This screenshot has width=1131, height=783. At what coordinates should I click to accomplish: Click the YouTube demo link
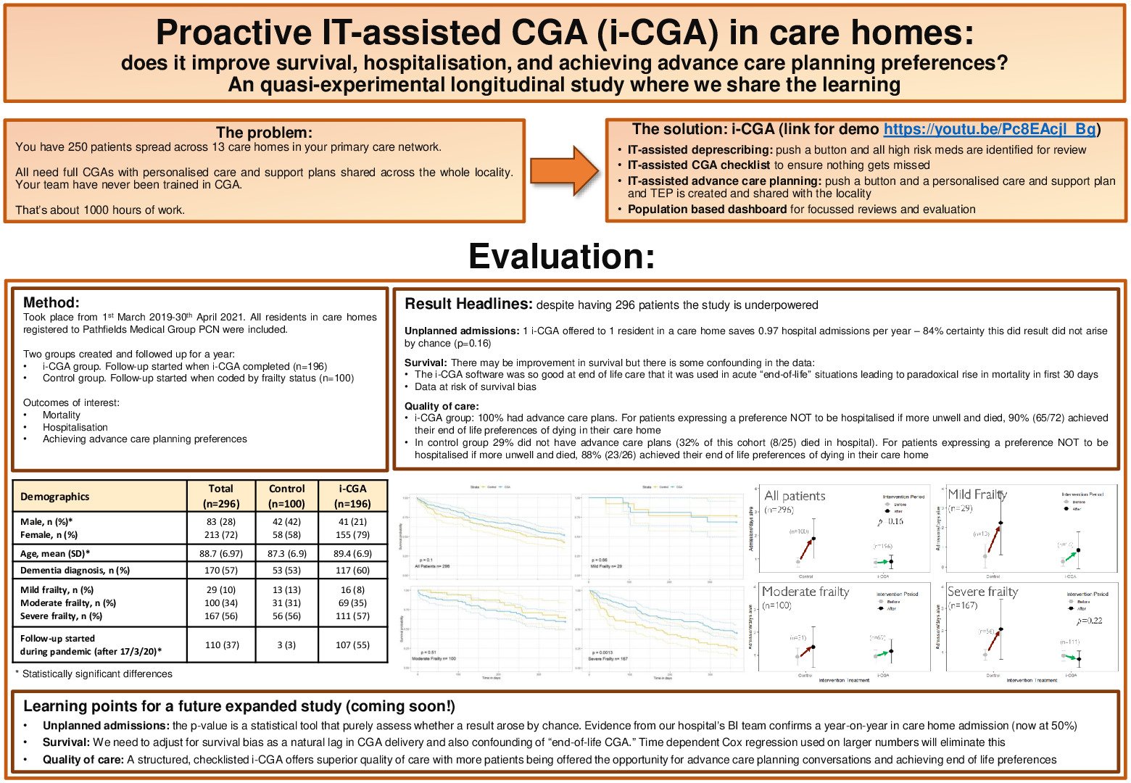point(989,130)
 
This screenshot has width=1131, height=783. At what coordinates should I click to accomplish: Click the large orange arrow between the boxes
point(565,170)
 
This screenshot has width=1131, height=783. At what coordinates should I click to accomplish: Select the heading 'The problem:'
point(264,133)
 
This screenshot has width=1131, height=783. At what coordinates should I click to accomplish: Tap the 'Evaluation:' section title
point(562,257)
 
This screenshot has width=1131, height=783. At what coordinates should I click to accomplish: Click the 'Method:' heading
point(51,303)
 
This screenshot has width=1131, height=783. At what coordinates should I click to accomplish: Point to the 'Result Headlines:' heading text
point(468,304)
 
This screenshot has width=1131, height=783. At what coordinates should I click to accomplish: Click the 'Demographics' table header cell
point(55,497)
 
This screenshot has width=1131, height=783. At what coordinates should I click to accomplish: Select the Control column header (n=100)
point(286,497)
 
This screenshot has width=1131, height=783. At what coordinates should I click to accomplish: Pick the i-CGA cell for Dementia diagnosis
point(352,571)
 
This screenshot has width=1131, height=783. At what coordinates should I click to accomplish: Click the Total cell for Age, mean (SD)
point(221,553)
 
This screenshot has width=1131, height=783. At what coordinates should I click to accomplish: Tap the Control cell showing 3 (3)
point(286,645)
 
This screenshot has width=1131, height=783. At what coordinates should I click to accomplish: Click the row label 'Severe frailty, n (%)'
point(62,616)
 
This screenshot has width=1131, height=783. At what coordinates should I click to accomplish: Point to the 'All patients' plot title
point(795,496)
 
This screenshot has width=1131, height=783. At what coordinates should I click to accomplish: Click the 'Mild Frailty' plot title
point(977,494)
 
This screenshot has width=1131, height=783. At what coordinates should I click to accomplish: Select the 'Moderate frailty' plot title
point(805,592)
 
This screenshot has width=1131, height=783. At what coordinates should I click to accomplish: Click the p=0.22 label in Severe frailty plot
point(1089,621)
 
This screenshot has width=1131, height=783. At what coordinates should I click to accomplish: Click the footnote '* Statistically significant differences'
point(94,674)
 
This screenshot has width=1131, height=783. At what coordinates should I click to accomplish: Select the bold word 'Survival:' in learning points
point(66,742)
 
